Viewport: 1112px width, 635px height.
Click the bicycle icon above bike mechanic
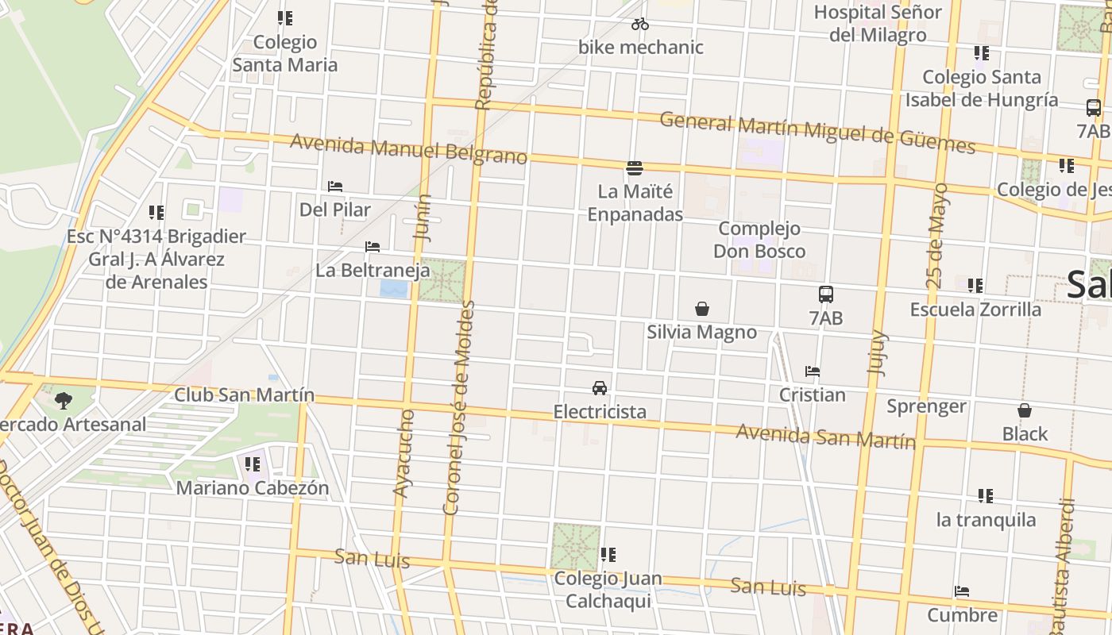(640, 25)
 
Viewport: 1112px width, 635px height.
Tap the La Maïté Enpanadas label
(635, 203)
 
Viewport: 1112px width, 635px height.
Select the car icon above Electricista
(600, 388)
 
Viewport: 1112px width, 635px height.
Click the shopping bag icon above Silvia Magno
(702, 308)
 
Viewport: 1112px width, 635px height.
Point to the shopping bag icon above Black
(1025, 410)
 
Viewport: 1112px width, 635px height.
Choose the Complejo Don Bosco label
(759, 240)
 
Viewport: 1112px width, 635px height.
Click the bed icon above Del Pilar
(335, 187)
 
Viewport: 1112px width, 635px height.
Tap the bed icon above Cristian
(812, 371)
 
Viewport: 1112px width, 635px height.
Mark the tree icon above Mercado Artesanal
(64, 400)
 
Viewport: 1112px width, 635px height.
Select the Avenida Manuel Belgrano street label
(408, 149)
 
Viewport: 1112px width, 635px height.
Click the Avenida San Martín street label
(825, 437)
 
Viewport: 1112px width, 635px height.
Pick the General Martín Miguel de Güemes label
(817, 132)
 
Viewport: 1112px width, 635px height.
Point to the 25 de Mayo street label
(936, 235)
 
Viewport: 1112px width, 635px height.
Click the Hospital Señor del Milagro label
(878, 24)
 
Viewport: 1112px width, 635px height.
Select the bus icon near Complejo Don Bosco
(826, 294)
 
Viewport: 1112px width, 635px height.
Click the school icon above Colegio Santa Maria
(285, 17)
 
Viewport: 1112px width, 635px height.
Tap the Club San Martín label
(245, 394)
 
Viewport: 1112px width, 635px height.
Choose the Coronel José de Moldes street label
(460, 407)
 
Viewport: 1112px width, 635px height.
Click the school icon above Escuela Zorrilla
(975, 286)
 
